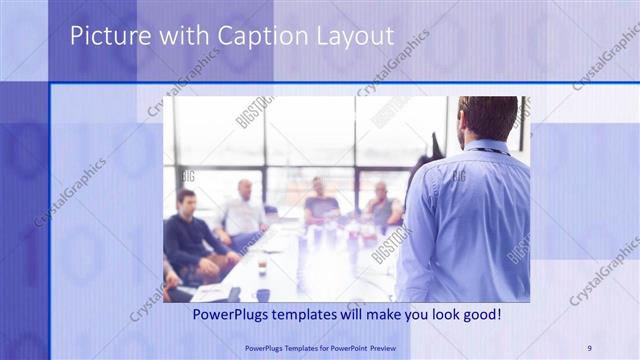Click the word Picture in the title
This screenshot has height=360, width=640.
tap(103, 37)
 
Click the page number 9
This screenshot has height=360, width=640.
tap(589, 348)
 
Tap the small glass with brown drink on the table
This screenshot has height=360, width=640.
tap(262, 265)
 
